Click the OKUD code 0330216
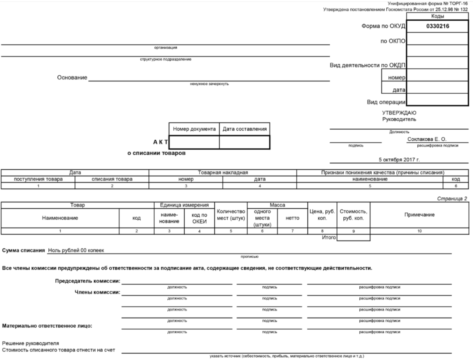click(x=437, y=26)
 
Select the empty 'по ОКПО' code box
click(x=437, y=38)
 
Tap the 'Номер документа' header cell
click(x=194, y=129)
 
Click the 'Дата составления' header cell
click(x=244, y=129)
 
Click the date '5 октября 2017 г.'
click(x=399, y=160)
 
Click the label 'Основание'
click(x=72, y=78)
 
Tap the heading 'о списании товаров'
click(x=156, y=153)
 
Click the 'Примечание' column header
click(x=419, y=215)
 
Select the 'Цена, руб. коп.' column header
click(x=322, y=215)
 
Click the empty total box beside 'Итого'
click(x=353, y=237)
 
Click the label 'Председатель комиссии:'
click(x=88, y=281)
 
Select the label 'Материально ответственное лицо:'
click(x=47, y=326)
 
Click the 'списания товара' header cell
click(x=112, y=179)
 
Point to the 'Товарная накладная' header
click(x=223, y=173)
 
